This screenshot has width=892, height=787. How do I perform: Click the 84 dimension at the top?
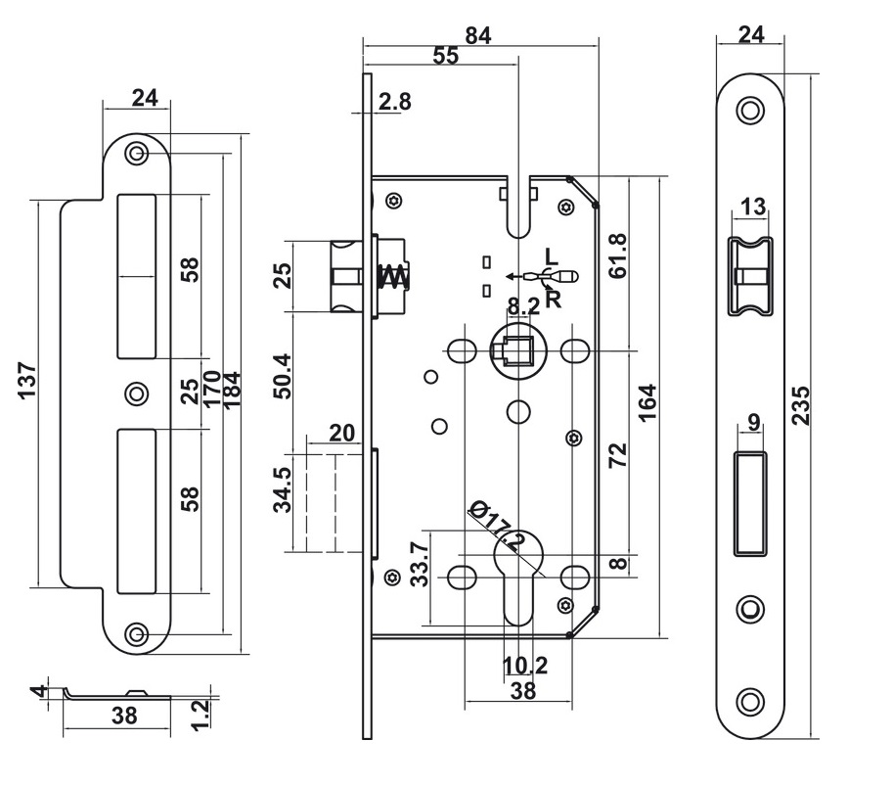pos(477,35)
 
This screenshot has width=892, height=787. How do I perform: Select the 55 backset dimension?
pos(445,57)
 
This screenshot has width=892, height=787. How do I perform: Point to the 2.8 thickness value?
pos(394,101)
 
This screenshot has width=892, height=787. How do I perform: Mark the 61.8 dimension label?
pos(617,255)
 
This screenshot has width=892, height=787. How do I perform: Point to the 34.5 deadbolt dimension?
pos(283,489)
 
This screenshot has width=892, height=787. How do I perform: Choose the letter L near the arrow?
pos(551,257)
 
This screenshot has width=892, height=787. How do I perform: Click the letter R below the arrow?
pos(554,300)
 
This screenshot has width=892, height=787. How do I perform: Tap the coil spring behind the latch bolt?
pos(391,277)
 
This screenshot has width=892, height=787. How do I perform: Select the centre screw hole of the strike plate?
pos(136,393)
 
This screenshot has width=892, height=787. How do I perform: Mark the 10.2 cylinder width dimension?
pos(524,666)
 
